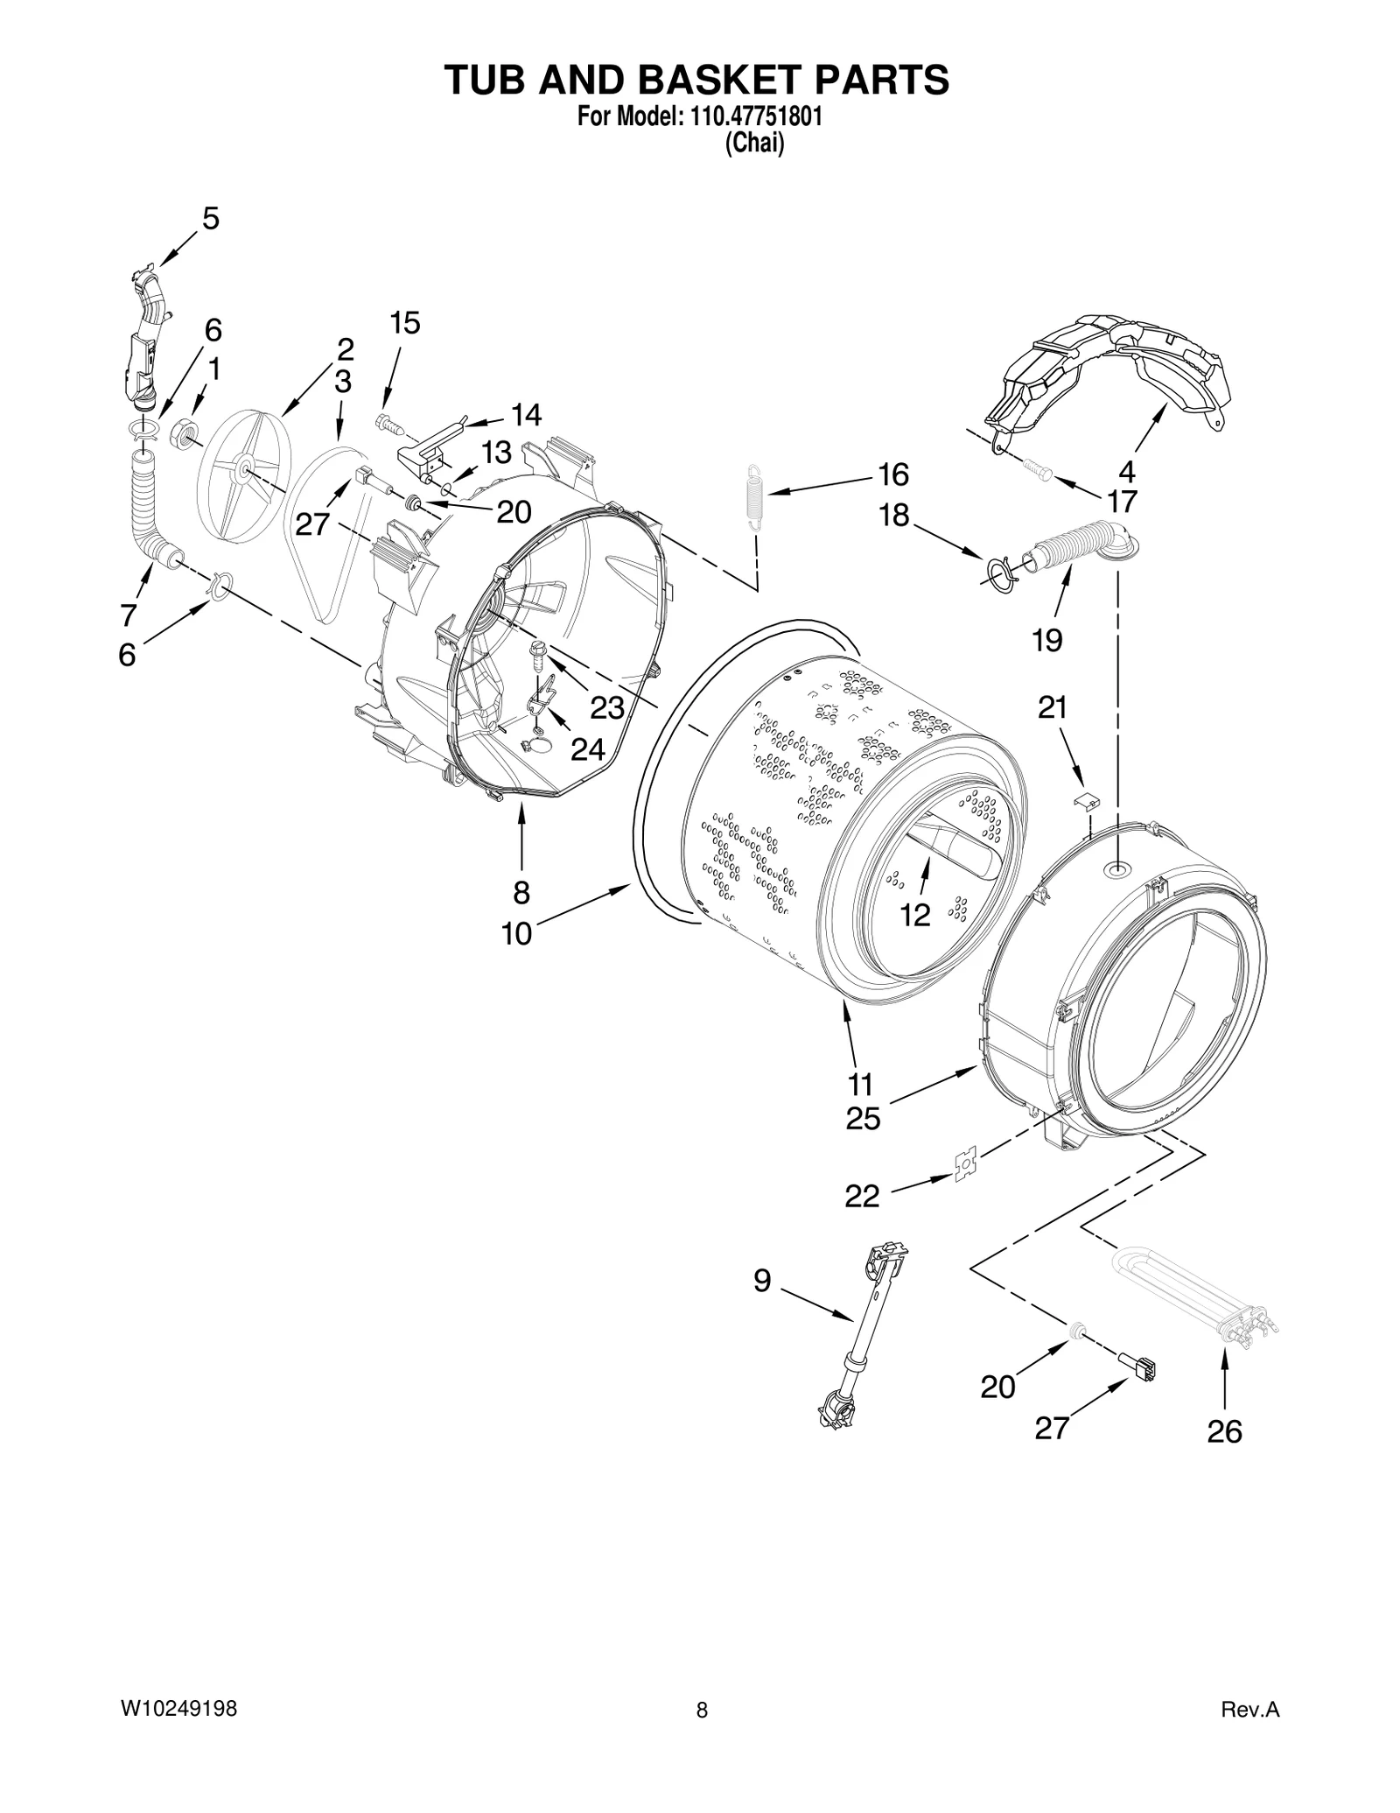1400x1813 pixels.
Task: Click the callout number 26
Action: pos(1224,1431)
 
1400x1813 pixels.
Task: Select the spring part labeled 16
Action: pos(755,496)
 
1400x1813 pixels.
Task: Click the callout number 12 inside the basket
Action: pos(914,916)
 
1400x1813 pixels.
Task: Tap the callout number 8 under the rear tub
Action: pos(521,892)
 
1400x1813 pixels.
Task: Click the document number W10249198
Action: pos(178,1709)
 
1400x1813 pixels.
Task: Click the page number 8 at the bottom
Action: pos(701,1710)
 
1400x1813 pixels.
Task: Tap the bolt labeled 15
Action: pos(388,424)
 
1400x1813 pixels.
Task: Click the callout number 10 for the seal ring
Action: pos(516,934)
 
